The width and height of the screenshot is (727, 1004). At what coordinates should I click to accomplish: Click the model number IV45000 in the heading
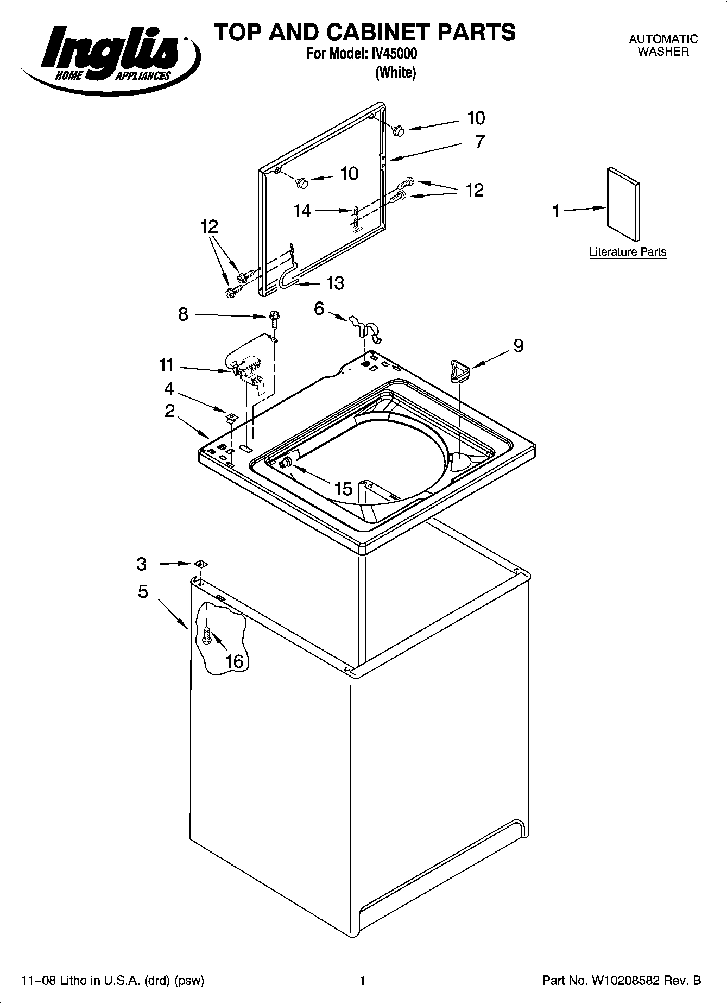click(x=394, y=54)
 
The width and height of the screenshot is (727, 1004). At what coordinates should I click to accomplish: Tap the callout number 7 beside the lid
click(x=479, y=142)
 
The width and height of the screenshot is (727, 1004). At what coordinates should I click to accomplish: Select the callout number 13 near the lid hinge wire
click(x=335, y=283)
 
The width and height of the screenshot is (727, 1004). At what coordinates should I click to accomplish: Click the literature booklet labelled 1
click(x=623, y=204)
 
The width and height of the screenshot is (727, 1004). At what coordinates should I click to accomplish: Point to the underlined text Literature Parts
click(x=627, y=252)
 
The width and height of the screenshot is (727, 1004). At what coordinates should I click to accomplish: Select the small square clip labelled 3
click(x=199, y=564)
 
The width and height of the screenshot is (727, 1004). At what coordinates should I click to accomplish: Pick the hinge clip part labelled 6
click(x=366, y=329)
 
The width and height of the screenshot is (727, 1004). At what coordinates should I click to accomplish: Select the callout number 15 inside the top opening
click(x=343, y=489)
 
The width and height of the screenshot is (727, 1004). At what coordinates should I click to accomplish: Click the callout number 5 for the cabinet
click(x=143, y=591)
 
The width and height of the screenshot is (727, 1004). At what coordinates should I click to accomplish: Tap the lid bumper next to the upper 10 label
click(x=399, y=130)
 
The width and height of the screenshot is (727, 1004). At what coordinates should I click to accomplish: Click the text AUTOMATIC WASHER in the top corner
click(x=663, y=46)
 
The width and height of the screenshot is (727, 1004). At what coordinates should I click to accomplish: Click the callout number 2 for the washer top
click(x=169, y=411)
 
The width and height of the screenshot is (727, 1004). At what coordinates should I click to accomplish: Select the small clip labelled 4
click(x=232, y=416)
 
